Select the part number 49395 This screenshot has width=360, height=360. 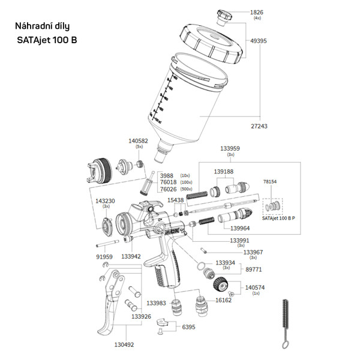click(259, 41)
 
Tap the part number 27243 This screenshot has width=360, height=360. click(259, 127)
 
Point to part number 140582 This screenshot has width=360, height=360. click(139, 141)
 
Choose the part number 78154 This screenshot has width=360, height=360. click(271, 181)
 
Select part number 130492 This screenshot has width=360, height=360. click(124, 344)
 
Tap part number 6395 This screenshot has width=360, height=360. click(188, 328)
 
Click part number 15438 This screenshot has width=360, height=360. click(176, 200)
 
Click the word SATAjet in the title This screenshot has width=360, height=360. click(40, 40)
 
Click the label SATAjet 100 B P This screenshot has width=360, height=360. click(279, 219)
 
